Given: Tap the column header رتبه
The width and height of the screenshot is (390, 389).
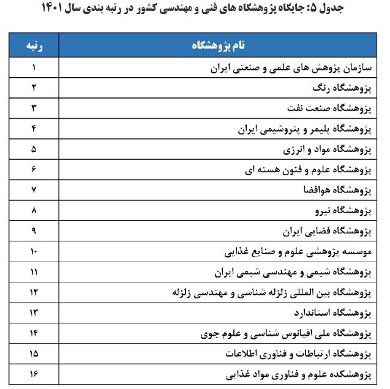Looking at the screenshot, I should (x=34, y=46).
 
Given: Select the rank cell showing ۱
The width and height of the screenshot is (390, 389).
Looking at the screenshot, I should (x=34, y=67).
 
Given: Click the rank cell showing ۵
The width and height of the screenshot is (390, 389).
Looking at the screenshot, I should (x=34, y=149).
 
